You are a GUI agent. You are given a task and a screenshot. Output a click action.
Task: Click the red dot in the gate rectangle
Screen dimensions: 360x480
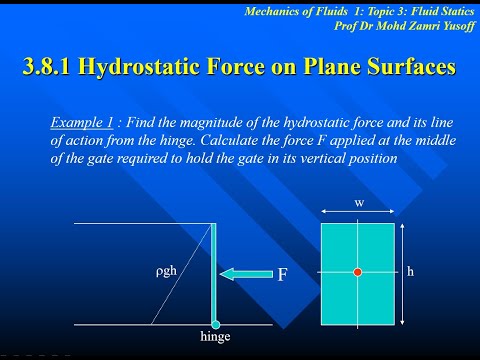pyautogui.click(x=357, y=272)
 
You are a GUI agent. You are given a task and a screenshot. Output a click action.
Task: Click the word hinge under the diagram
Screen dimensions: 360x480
pyautogui.click(x=215, y=339)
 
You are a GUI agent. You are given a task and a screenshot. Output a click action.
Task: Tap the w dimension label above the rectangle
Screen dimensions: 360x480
pyautogui.click(x=358, y=202)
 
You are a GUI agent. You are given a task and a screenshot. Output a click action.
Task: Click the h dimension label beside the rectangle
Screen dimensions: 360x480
pyautogui.click(x=411, y=271)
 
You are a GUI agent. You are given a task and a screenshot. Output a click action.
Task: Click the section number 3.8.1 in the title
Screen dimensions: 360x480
pyautogui.click(x=56, y=67)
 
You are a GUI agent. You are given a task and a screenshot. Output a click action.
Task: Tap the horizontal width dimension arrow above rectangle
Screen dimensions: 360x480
pyautogui.click(x=357, y=213)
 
